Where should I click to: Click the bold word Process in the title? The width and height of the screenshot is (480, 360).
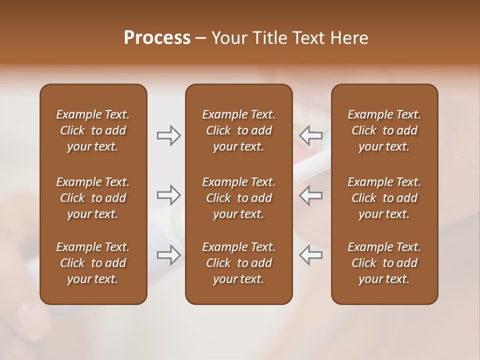157,38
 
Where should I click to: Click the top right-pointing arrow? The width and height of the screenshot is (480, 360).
168,135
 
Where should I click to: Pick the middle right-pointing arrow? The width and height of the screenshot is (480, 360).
168,195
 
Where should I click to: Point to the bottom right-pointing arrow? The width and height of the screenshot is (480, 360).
168,255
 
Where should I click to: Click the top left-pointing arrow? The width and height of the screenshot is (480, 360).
311,135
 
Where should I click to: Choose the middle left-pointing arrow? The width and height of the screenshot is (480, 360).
311,195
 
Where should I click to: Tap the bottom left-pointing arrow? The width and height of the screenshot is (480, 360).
311,255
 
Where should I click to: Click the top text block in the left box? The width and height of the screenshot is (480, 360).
93,130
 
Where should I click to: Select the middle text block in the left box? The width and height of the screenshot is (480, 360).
93,198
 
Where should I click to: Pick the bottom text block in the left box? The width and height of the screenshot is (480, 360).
93,263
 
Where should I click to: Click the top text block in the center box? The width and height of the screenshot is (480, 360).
238,130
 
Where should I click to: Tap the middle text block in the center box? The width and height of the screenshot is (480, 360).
238,198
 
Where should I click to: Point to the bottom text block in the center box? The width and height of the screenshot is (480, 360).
238,263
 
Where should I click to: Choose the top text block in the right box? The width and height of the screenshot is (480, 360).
384,130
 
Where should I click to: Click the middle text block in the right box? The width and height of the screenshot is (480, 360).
384,198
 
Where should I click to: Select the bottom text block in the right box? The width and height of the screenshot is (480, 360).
384,263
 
